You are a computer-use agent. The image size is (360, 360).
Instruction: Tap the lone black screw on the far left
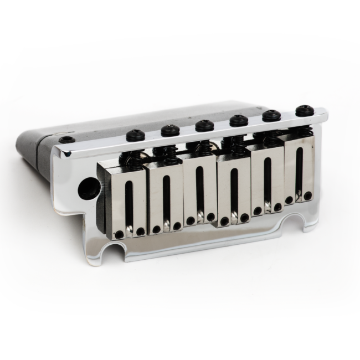(67, 140)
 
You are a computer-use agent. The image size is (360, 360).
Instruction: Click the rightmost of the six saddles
(299, 169)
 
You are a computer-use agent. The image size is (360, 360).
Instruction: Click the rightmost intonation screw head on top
(303, 111)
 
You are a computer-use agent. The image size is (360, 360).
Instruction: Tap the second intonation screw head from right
(271, 115)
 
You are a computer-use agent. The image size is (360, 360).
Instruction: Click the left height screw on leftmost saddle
(119, 235)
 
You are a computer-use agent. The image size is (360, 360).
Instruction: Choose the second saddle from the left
(164, 194)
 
